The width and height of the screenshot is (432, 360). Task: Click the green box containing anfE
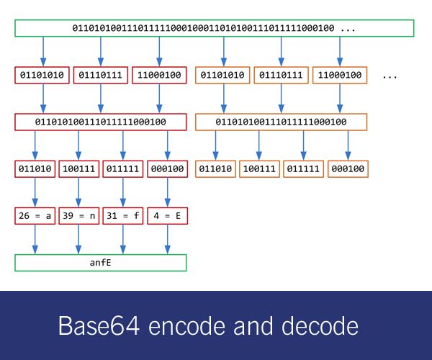pyautogui.click(x=101, y=263)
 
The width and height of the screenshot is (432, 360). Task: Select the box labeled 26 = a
pyautogui.click(x=35, y=216)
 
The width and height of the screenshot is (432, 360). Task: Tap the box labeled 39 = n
pyautogui.click(x=78, y=216)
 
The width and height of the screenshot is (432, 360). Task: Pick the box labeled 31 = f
pyautogui.click(x=123, y=216)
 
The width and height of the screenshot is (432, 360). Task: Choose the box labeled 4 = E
pyautogui.click(x=168, y=216)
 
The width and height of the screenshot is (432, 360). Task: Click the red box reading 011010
pyautogui.click(x=35, y=169)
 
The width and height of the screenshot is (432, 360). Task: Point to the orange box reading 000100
pyautogui.click(x=348, y=169)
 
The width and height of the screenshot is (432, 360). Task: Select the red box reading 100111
pyautogui.click(x=78, y=169)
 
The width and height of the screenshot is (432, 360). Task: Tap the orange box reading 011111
pyautogui.click(x=303, y=169)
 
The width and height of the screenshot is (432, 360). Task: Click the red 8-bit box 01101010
pyautogui.click(x=42, y=75)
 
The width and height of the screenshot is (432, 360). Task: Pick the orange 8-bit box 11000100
pyautogui.click(x=340, y=75)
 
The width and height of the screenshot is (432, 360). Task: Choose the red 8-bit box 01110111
pyautogui.click(x=101, y=75)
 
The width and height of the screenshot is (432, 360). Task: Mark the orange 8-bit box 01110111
pyautogui.click(x=281, y=75)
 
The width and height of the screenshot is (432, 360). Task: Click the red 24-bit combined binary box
pyautogui.click(x=101, y=122)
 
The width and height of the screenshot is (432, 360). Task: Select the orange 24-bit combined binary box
pyautogui.click(x=281, y=122)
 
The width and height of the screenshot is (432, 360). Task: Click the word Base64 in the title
pyautogui.click(x=99, y=326)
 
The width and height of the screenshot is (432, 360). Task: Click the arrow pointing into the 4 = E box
pyautogui.click(x=168, y=192)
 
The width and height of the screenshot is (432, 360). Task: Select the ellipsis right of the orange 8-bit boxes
pyautogui.click(x=390, y=77)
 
